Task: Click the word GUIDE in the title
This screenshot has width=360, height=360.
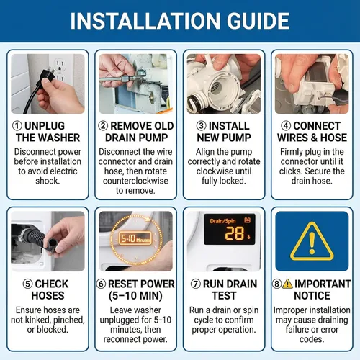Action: click(258, 21)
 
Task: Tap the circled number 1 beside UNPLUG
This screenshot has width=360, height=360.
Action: click(17, 126)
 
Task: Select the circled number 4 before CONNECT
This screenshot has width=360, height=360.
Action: click(286, 126)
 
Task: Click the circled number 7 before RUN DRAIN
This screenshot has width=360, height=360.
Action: click(196, 284)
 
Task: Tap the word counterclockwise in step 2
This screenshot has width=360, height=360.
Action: click(135, 181)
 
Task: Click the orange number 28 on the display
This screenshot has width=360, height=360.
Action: click(235, 233)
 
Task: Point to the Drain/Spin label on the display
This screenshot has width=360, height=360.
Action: click(222, 221)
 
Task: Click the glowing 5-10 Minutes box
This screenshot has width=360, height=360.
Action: click(135, 238)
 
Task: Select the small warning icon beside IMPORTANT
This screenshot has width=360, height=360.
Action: click(287, 284)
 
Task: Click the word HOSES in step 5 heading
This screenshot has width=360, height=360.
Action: click(48, 296)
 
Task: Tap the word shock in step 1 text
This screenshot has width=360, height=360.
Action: click(48, 181)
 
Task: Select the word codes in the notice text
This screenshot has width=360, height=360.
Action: click(312, 339)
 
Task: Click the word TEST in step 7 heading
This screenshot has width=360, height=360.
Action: click(224, 296)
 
